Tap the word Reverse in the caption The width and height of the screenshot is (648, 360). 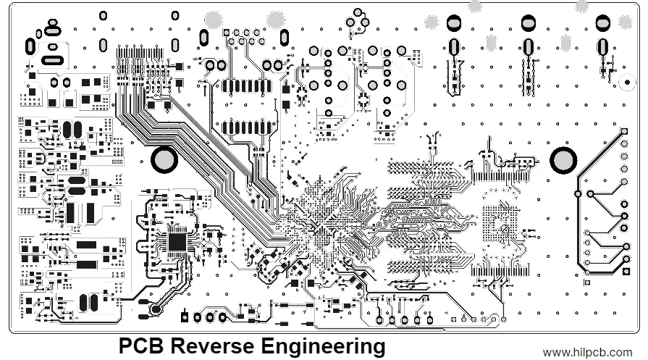coord(210,346)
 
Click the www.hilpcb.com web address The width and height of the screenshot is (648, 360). coord(592,352)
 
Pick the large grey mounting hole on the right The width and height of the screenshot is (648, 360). coord(563,160)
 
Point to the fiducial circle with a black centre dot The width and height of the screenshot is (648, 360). coord(624,82)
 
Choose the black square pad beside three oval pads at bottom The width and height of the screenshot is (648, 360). coord(185,317)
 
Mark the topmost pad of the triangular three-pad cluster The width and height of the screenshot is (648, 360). coord(358,12)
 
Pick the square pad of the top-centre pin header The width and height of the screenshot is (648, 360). coord(227,32)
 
